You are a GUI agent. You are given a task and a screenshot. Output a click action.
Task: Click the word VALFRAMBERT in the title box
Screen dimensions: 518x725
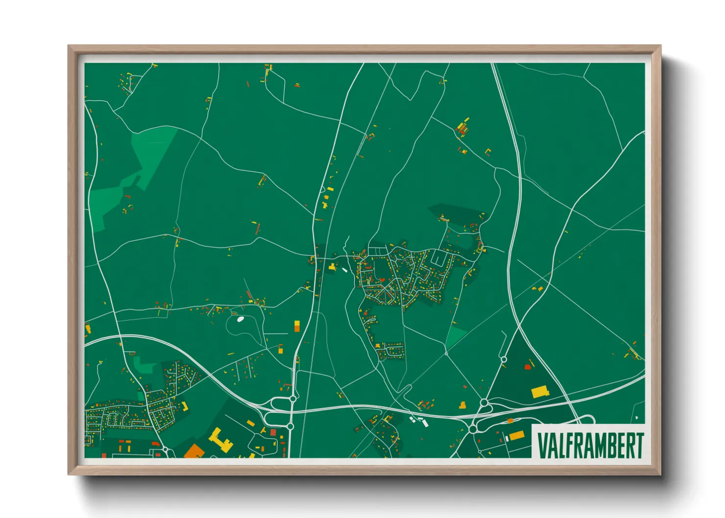(590, 445)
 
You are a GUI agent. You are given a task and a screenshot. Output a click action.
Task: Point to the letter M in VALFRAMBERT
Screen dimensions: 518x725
(602, 445)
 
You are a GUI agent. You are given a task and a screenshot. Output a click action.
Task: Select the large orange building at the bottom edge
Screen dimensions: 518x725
(194, 451)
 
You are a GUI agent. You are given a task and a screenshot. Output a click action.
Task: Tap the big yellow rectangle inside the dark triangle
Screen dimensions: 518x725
(540, 392)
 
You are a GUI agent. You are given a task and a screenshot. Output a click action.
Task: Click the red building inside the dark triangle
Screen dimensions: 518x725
(528, 366)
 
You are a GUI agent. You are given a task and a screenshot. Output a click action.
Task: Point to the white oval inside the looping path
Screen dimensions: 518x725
(240, 319)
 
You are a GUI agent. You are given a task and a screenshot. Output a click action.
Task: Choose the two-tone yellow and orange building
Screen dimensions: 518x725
(297, 326)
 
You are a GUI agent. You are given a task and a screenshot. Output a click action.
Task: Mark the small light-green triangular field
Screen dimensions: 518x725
(455, 337)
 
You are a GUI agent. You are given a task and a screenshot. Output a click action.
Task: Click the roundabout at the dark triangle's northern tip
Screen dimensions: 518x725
(504, 359)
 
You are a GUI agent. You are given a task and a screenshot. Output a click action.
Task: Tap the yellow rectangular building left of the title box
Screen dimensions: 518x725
(516, 435)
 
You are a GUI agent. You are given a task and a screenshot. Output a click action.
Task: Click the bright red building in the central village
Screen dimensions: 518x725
(382, 280)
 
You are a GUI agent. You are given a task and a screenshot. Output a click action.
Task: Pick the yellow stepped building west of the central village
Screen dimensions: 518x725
(333, 267)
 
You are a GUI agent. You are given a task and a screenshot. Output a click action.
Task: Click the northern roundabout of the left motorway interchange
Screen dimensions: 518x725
(292, 399)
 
